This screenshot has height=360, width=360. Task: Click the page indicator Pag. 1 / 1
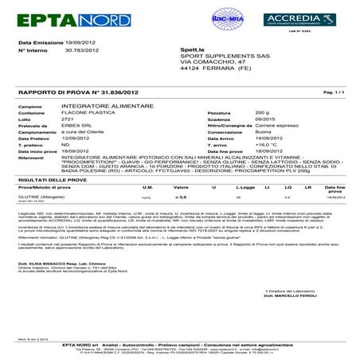(x=335, y=93)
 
